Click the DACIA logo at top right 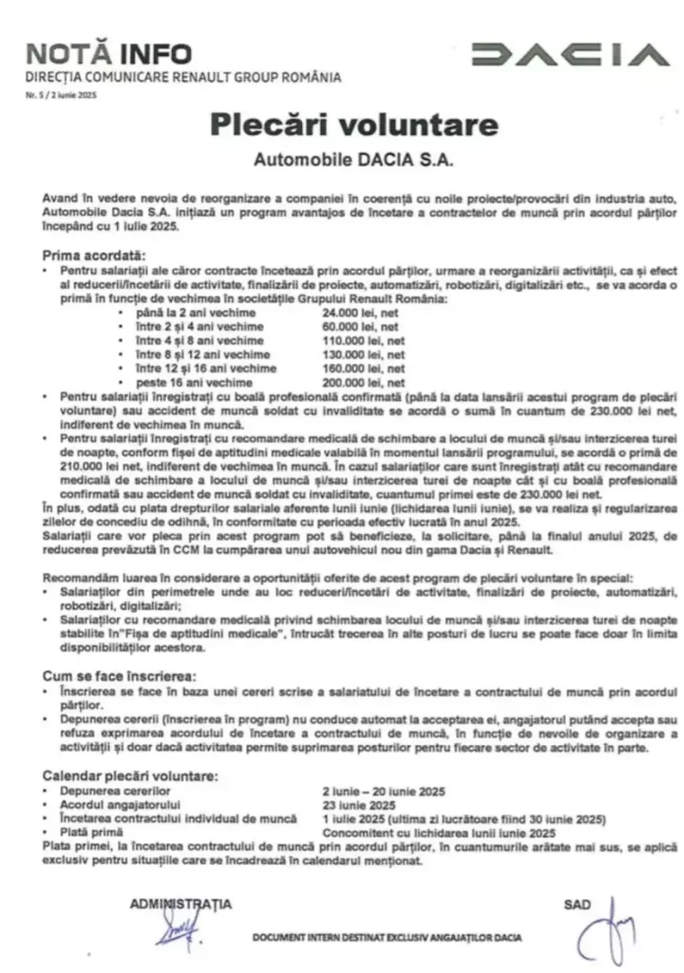tap(570, 55)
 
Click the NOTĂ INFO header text tap(109, 53)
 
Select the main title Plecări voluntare tap(342, 123)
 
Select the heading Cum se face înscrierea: tap(120, 675)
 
